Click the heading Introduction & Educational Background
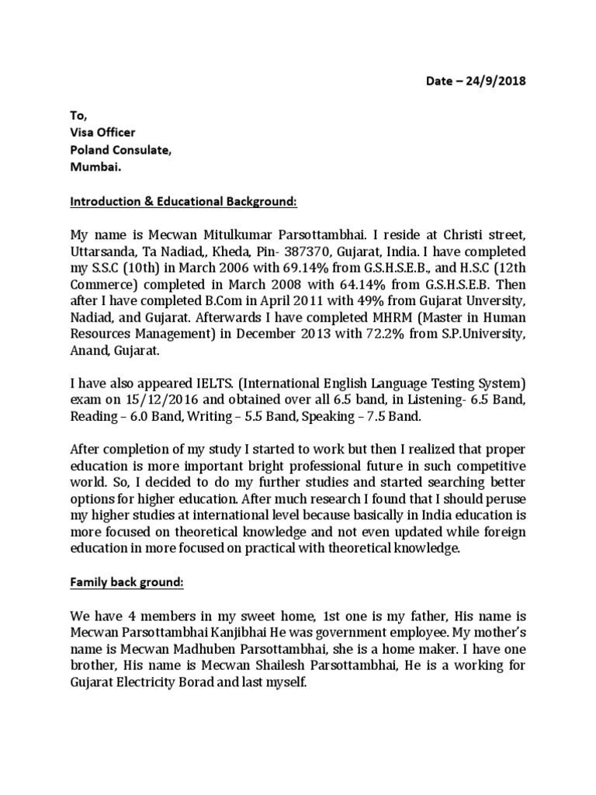(183, 202)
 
